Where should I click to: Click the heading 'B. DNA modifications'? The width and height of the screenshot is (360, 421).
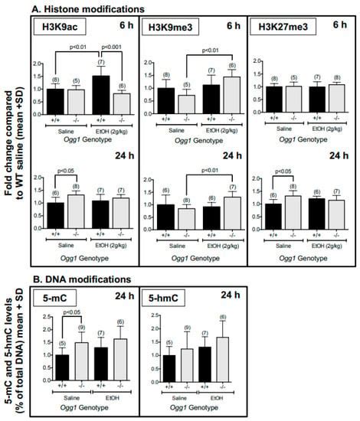[x=82, y=280]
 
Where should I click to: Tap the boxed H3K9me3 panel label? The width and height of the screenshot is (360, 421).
[x=170, y=28]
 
